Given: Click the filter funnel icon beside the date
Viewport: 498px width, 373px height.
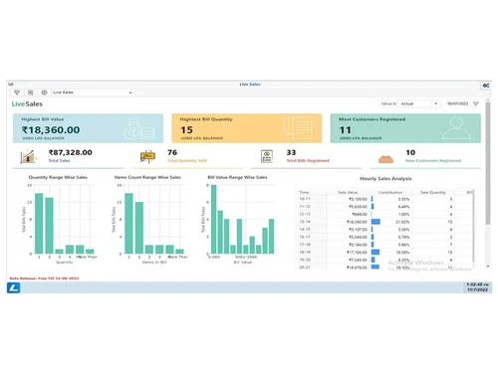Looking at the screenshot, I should (476, 102).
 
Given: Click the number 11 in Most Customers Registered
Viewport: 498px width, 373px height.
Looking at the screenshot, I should (345, 129).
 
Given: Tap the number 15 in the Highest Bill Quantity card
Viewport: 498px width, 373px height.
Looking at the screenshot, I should (186, 129).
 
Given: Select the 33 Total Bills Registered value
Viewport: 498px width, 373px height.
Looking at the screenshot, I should (292, 153).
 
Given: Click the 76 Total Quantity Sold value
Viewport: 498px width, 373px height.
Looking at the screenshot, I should (172, 153).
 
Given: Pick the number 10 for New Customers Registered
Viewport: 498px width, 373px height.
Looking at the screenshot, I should (410, 153).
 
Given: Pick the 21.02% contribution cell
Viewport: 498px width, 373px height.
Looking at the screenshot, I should (403, 221).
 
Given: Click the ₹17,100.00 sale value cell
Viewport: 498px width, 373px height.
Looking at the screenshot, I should (358, 252).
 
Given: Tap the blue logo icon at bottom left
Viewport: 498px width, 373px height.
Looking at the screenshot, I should (14, 287).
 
